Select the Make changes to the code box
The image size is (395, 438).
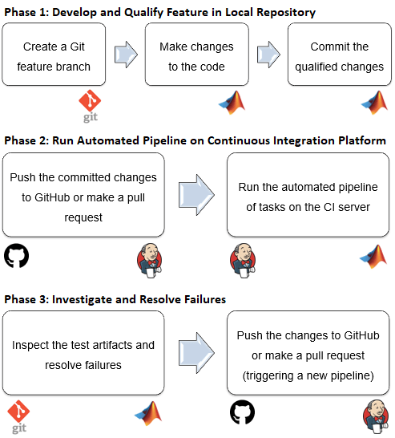click(x=195, y=55)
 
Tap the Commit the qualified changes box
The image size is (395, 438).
click(x=339, y=55)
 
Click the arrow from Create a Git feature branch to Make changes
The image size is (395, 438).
click(x=124, y=55)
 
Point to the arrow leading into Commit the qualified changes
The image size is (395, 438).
click(x=268, y=55)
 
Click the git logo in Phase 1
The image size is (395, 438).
click(x=89, y=104)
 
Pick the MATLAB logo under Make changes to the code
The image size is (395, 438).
click(x=231, y=102)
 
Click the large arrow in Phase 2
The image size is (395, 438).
click(x=195, y=194)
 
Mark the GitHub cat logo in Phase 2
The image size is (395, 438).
click(x=16, y=256)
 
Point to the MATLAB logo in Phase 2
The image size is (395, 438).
click(x=373, y=255)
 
